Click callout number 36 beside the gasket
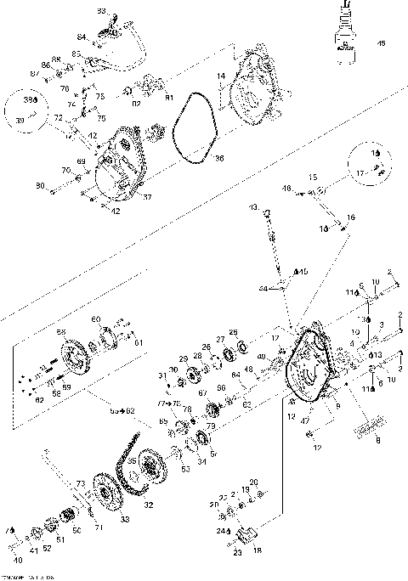195,158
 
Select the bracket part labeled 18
246,537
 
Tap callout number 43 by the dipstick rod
253,207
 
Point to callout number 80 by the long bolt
40,185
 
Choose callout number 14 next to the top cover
221,76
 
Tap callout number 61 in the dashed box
139,342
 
